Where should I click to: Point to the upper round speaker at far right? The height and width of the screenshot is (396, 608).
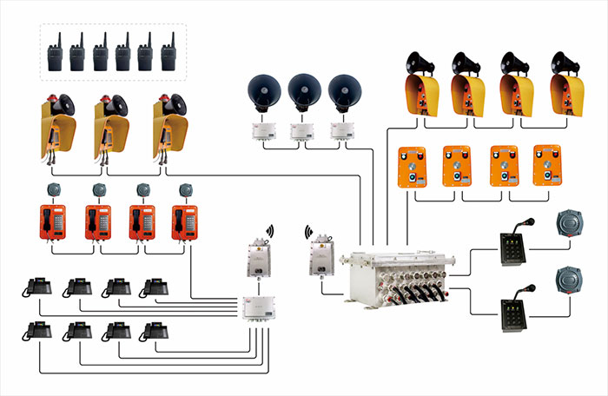568,221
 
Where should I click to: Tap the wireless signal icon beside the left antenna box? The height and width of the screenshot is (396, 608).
270,231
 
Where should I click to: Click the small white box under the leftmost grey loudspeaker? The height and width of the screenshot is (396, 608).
262,132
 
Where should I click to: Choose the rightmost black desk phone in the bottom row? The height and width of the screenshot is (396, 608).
155,330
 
